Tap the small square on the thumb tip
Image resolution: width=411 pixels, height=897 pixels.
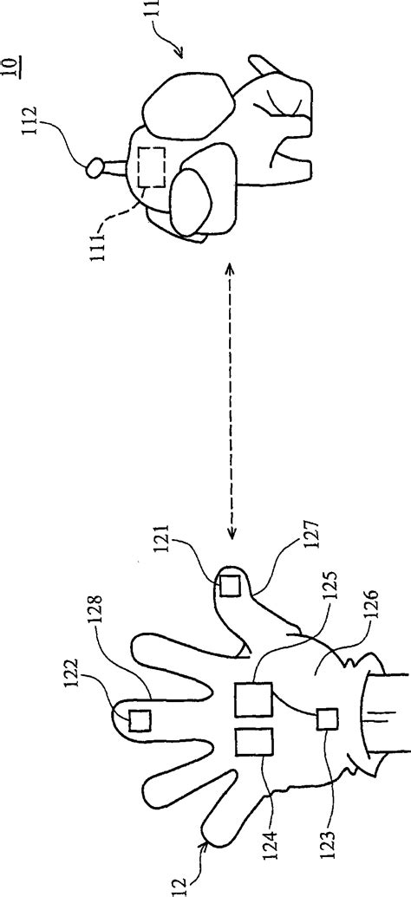point(231,587)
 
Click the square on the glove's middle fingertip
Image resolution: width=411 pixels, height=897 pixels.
point(140,720)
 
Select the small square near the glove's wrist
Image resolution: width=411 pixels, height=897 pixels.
point(328,719)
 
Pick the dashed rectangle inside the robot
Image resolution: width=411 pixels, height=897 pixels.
point(153,167)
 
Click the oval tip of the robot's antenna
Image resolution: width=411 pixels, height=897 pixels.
point(94,168)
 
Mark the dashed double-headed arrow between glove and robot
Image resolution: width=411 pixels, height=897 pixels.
point(232,400)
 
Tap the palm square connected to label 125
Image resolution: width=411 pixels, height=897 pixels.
point(253,699)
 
